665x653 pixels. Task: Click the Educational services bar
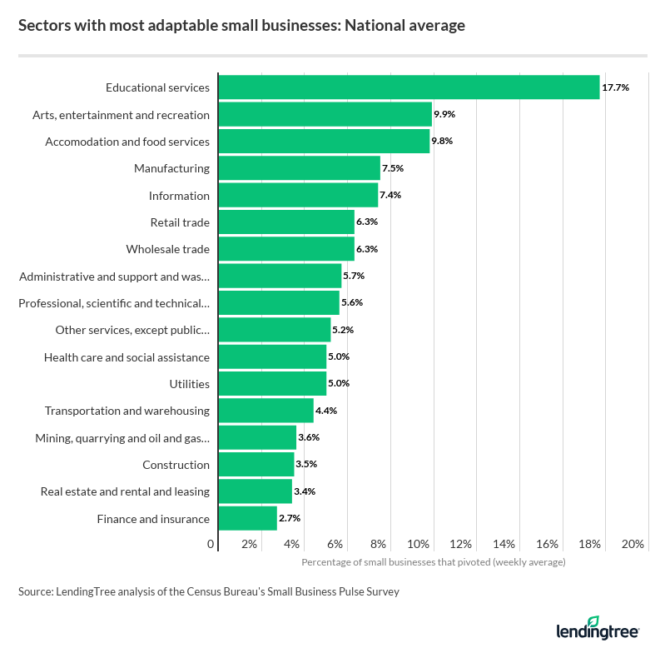point(408,87)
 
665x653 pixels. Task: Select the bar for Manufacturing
point(299,168)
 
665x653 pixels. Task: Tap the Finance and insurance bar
point(247,519)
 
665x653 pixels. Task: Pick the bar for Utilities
point(272,384)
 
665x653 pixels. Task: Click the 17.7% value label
point(615,87)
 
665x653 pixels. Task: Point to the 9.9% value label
point(444,114)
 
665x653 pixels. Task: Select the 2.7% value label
point(290,519)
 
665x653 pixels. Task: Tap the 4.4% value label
point(326,411)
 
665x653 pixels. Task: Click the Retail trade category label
point(180,222)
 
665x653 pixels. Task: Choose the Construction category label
point(176,465)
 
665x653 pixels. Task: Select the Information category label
point(179,196)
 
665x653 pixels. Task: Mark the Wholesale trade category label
point(167,249)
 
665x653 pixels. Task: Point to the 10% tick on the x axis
point(419,545)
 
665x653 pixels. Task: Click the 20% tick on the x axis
point(633,545)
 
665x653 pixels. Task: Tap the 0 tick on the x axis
point(211,545)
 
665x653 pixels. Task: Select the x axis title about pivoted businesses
point(433,562)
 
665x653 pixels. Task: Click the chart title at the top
point(241,26)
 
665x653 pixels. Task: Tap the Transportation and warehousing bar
point(266,411)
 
